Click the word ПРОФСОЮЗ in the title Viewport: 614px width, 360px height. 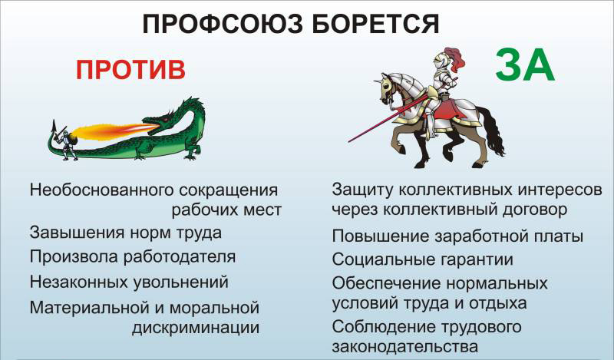(223, 25)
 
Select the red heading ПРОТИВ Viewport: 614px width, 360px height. (130, 70)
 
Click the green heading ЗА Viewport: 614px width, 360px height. (525, 65)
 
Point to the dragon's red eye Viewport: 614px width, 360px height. (166, 119)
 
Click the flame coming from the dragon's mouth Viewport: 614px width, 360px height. (114, 131)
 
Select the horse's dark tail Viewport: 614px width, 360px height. (490, 130)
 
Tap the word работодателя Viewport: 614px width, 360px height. (180, 257)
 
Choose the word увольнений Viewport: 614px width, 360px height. (180, 282)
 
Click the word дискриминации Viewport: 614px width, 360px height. (196, 328)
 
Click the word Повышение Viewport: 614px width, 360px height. (380, 236)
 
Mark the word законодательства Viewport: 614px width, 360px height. (405, 346)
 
